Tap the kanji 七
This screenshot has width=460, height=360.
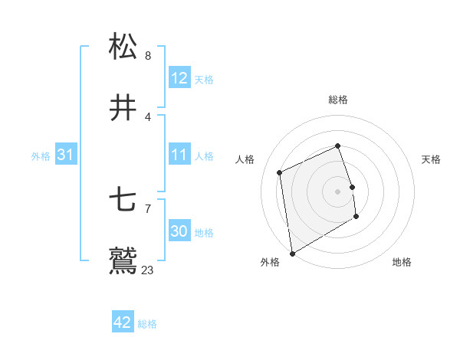(123, 201)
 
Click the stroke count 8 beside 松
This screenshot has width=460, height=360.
(148, 55)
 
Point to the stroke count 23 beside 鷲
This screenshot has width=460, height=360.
(148, 270)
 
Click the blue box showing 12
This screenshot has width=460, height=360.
(179, 78)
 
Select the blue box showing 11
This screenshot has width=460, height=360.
(179, 155)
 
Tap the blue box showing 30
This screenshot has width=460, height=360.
(179, 231)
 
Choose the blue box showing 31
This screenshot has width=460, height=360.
(66, 155)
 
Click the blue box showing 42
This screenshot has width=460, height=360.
(123, 322)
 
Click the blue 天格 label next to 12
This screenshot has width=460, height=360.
(204, 80)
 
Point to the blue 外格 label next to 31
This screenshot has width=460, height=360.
(41, 156)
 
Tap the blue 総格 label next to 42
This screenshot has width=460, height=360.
(147, 324)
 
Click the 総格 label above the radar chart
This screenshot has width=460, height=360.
(338, 100)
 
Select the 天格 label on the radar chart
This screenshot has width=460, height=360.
(431, 159)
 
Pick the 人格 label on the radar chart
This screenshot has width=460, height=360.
(245, 159)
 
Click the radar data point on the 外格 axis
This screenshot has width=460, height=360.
(292, 253)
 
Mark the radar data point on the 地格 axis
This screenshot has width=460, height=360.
(357, 217)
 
